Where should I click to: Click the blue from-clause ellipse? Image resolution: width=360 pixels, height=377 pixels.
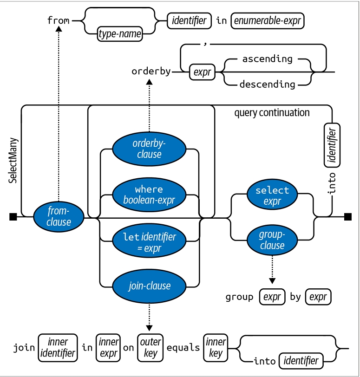pyautogui.click(x=59, y=216)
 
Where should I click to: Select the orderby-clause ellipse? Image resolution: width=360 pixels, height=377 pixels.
pyautogui.click(x=149, y=149)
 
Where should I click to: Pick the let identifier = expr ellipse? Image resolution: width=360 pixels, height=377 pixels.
pyautogui.click(x=149, y=242)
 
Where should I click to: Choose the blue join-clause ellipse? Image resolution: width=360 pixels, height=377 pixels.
pyautogui.click(x=149, y=286)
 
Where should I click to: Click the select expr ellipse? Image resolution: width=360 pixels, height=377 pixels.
pyautogui.click(x=272, y=195)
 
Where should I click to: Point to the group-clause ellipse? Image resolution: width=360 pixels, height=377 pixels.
pyautogui.click(x=272, y=240)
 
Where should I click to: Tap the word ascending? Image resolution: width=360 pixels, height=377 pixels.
pyautogui.click(x=268, y=59)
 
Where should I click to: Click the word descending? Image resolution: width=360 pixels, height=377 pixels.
pyautogui.click(x=268, y=84)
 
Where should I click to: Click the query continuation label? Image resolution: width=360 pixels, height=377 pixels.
pyautogui.click(x=272, y=113)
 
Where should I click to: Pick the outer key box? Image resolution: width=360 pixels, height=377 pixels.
pyautogui.click(x=151, y=348)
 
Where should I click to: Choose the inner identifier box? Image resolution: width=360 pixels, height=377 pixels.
pyautogui.click(x=58, y=348)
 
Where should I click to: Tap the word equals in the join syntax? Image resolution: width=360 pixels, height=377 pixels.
pyautogui.click(x=183, y=348)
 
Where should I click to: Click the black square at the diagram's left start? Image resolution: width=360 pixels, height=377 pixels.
pyautogui.click(x=13, y=216)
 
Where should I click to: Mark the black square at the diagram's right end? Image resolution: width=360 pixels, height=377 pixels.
pyautogui.click(x=348, y=216)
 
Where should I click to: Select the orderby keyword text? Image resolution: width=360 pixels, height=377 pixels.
pyautogui.click(x=151, y=71)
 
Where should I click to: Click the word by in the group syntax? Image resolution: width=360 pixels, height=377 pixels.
pyautogui.click(x=295, y=297)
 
